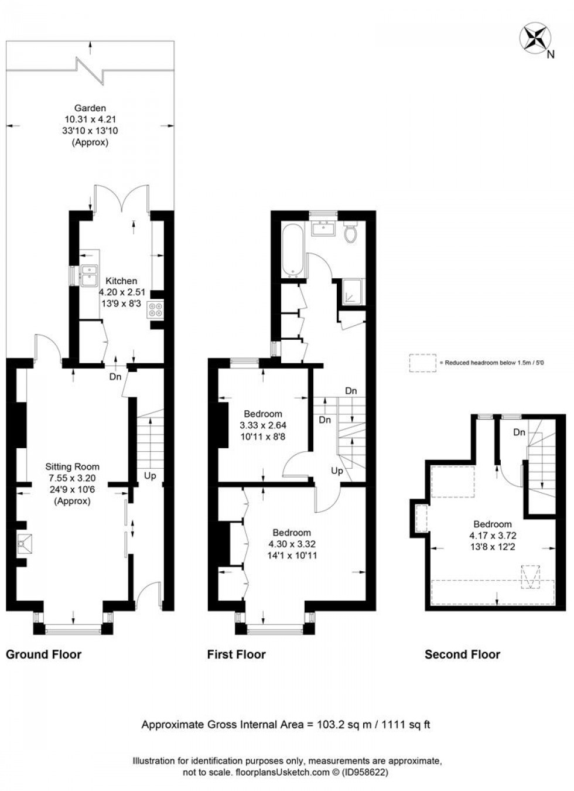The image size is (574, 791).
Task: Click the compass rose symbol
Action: point(535,38)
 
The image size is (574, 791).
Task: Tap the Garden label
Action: point(90,108)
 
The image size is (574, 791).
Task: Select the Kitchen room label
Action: point(121,281)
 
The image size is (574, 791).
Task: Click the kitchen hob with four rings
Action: point(156,309)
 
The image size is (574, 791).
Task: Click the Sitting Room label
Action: point(72,467)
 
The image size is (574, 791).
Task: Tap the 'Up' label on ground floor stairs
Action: point(150,476)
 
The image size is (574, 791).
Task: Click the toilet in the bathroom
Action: point(351,233)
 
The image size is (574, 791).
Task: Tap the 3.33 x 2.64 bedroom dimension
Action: point(263,425)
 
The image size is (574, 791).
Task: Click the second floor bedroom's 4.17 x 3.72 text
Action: point(493,536)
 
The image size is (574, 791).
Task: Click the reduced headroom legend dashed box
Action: point(423,363)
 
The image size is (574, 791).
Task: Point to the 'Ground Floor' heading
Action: point(43,654)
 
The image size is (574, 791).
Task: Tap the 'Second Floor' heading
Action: point(462,654)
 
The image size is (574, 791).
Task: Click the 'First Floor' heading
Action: point(236,654)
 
